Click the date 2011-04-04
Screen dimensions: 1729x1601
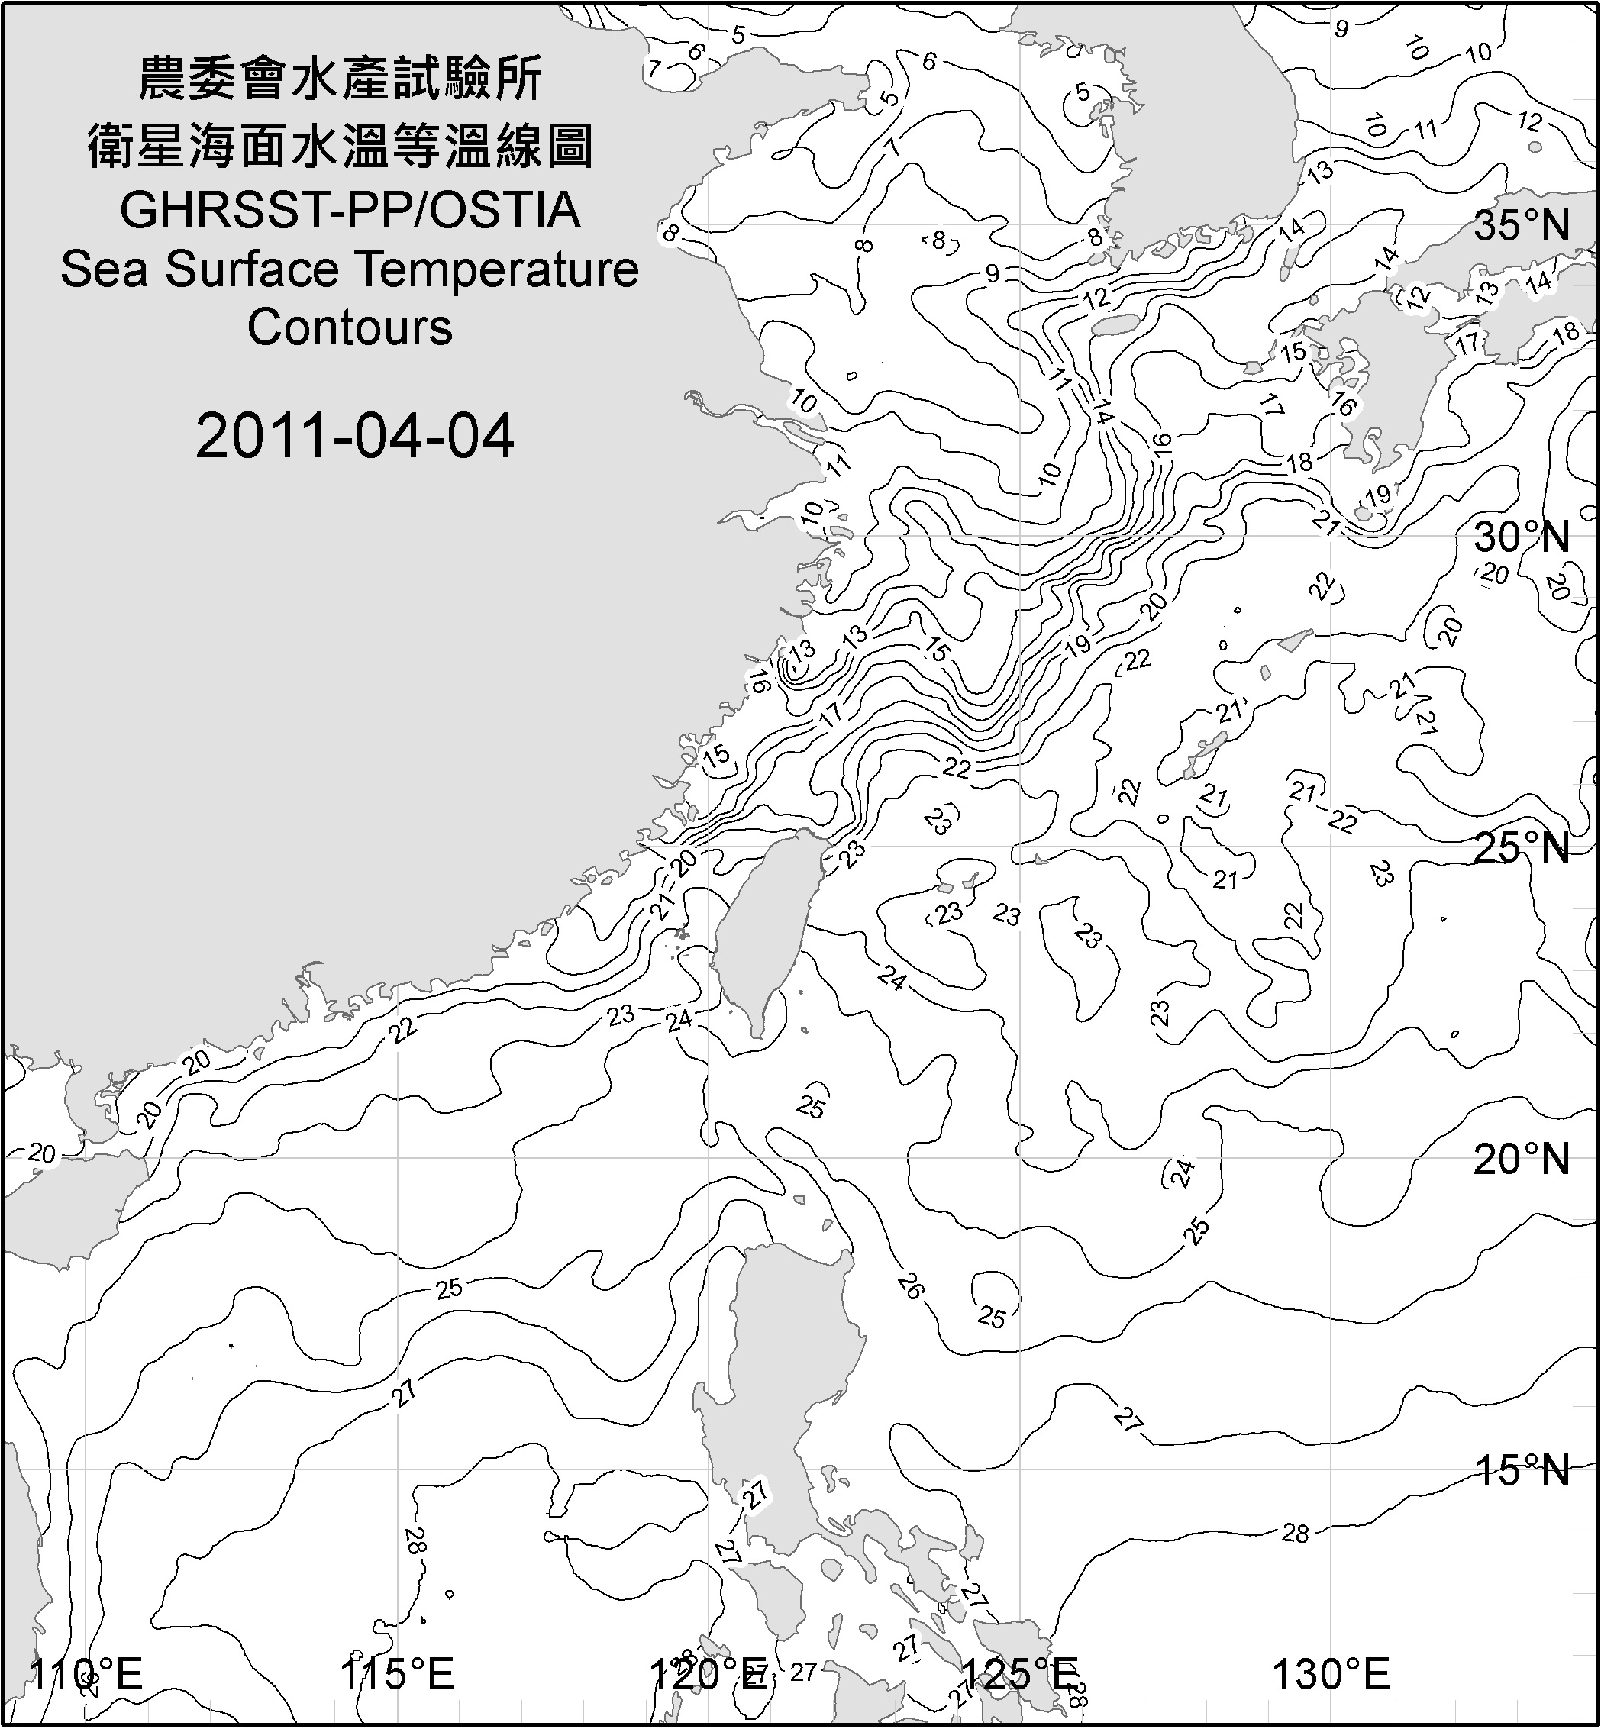point(354,436)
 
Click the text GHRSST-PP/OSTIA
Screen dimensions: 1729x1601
point(350,211)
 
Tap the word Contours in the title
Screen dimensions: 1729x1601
point(350,327)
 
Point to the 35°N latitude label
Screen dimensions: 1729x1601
point(1522,225)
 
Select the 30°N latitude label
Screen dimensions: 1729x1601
point(1522,538)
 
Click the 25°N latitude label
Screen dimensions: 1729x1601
point(1522,848)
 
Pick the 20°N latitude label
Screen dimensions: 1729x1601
point(1522,1160)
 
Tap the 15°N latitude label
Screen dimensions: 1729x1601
point(1522,1470)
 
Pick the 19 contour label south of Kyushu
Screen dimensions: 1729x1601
point(1377,495)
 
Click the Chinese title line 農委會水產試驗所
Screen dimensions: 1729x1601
point(341,79)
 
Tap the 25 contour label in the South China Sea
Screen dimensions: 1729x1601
point(449,1288)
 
